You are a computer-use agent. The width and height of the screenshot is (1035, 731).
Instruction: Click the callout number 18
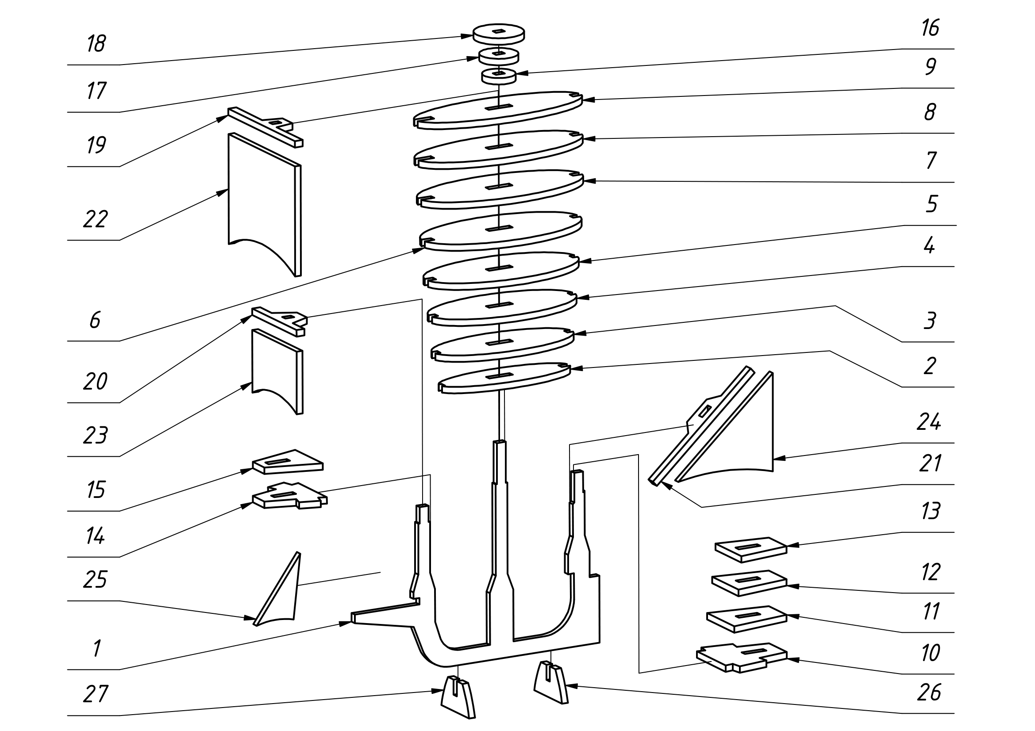click(96, 44)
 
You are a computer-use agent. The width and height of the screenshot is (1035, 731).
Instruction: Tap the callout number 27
click(96, 694)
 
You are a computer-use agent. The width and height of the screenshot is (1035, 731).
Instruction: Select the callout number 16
click(930, 28)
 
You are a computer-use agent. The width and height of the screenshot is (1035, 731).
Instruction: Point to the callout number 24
click(929, 421)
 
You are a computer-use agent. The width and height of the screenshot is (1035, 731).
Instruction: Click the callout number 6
click(95, 320)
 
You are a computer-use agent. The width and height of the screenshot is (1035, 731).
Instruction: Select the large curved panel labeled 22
click(265, 205)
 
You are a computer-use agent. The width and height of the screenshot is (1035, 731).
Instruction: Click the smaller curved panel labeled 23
click(277, 371)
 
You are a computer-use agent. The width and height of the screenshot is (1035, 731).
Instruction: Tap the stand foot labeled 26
click(551, 682)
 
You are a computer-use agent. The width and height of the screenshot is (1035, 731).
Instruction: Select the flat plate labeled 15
click(288, 462)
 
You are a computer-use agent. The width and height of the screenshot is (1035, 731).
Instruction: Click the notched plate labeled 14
click(290, 495)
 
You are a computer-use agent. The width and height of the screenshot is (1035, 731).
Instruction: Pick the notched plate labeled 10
click(742, 658)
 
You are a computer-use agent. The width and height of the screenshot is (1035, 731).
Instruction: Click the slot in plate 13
click(748, 547)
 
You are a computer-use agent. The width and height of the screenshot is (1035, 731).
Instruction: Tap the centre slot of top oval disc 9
click(499, 107)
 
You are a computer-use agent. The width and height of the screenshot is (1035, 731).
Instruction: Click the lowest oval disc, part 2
click(504, 379)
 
